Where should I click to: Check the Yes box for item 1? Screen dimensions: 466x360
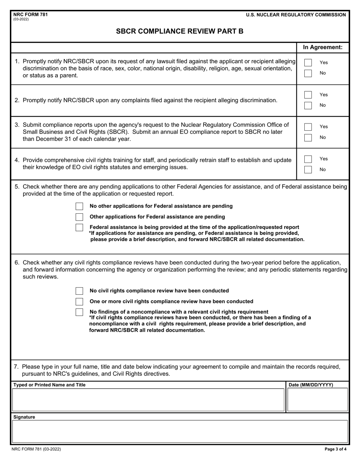point(308,63)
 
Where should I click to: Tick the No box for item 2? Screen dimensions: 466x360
point(308,105)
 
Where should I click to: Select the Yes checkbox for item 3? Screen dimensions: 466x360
point(308,127)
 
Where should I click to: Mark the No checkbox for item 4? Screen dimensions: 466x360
point(308,169)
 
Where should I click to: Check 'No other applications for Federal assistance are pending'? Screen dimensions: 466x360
point(79,206)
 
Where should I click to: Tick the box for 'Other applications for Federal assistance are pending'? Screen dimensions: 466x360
point(79,217)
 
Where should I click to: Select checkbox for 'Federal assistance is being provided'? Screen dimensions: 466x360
point(79,227)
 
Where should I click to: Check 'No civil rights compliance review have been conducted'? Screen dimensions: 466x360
point(79,291)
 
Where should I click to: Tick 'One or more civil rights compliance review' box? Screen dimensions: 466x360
point(79,302)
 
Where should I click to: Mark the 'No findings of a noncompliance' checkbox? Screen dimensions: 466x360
point(79,312)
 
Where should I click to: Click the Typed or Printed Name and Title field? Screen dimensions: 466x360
point(148,400)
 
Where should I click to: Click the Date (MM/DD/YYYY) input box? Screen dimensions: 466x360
point(317,400)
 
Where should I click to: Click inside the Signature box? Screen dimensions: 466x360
point(180,431)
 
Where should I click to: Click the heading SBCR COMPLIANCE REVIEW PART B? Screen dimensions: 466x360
point(180,31)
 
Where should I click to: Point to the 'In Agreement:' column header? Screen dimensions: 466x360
point(322,47)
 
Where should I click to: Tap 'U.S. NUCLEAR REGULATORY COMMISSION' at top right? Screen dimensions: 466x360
point(296,15)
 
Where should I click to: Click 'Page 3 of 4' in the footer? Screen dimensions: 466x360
point(335,449)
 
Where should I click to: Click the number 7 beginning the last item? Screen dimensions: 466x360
point(16,366)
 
